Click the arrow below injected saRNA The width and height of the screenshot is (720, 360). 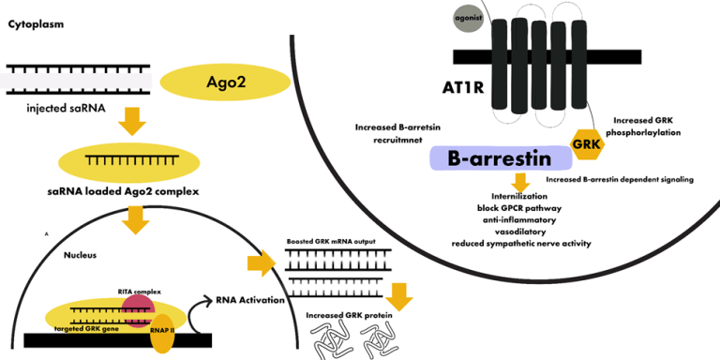[x=134, y=121]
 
